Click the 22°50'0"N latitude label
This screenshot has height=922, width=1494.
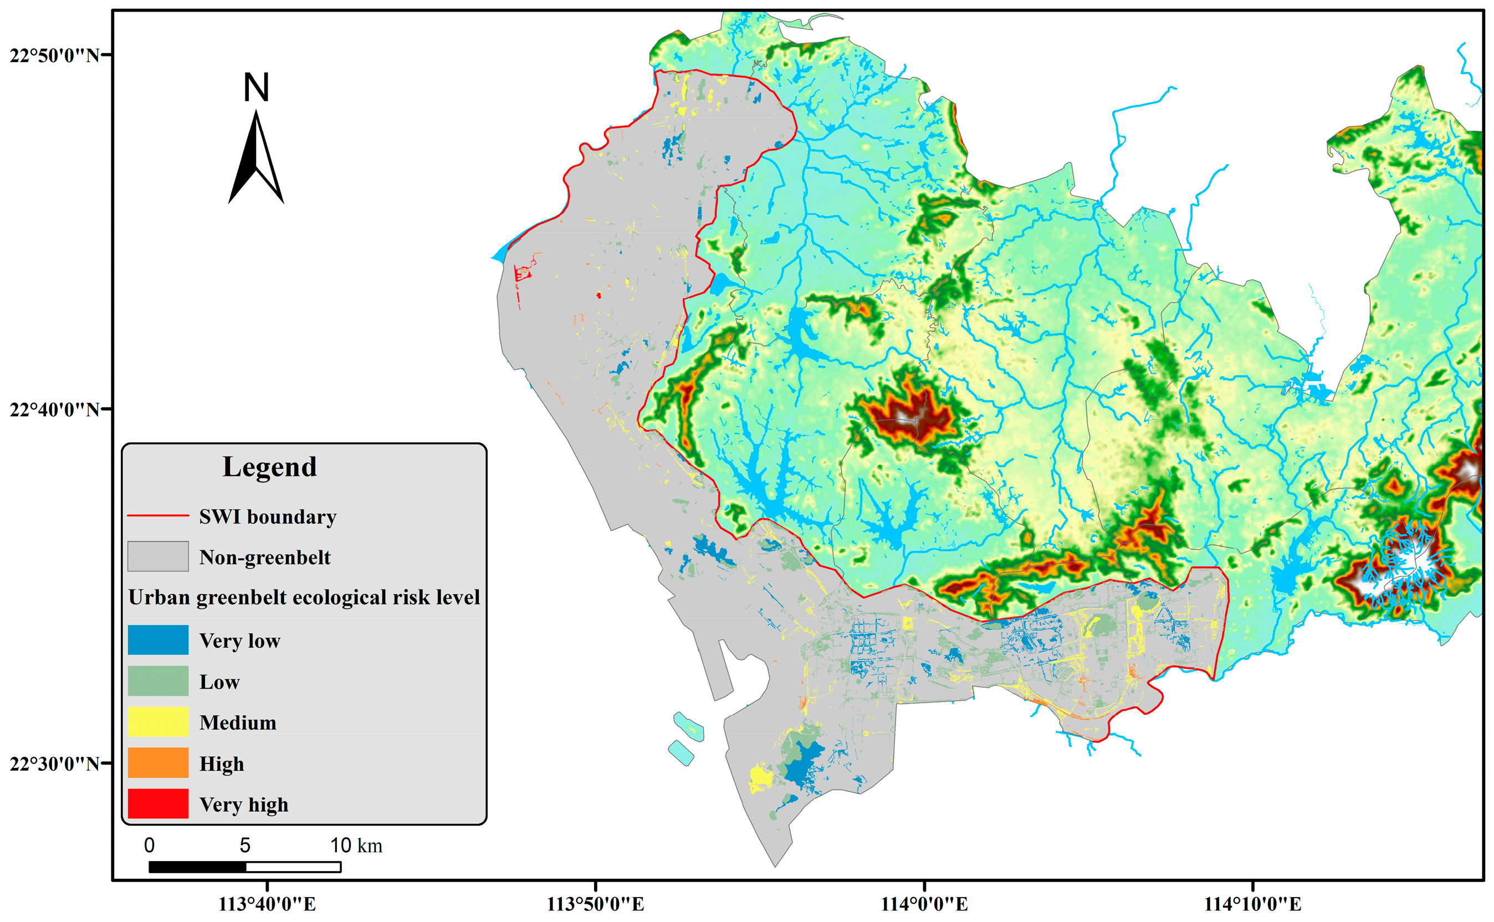pos(54,55)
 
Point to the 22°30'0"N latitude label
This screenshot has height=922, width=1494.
pos(54,764)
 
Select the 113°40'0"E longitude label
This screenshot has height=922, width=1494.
pos(267,904)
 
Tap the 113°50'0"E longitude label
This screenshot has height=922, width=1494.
pos(595,904)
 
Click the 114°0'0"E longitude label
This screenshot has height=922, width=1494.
pos(924,904)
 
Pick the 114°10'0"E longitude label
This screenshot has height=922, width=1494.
pos(1252,904)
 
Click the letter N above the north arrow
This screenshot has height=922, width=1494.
pos(256,89)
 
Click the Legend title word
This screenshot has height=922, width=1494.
pos(269,467)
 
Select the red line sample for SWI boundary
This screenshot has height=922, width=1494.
pos(158,516)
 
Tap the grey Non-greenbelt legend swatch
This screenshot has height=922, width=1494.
pos(158,557)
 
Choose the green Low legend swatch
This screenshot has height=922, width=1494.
pos(158,681)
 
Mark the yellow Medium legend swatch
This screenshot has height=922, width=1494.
pos(158,722)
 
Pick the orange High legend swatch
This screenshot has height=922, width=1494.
pos(158,763)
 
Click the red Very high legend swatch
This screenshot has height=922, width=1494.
pos(158,803)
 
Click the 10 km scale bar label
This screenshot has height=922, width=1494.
pos(356,846)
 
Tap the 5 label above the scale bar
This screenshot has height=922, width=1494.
pos(245,846)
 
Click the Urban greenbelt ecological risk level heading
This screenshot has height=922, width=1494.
pos(304,598)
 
